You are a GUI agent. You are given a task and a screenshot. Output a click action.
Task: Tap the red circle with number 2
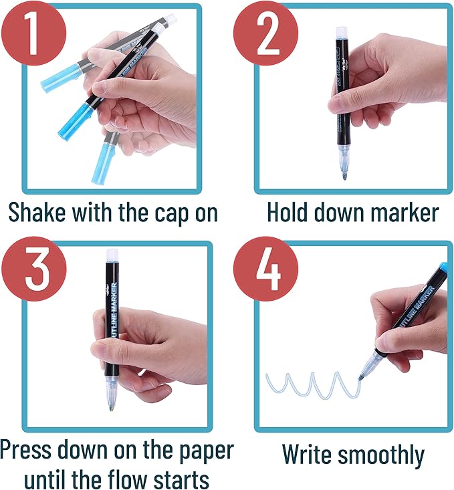point(266,32)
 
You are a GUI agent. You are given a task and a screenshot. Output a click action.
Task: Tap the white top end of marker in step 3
point(112,255)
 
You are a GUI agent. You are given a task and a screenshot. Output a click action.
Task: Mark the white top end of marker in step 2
point(342,33)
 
